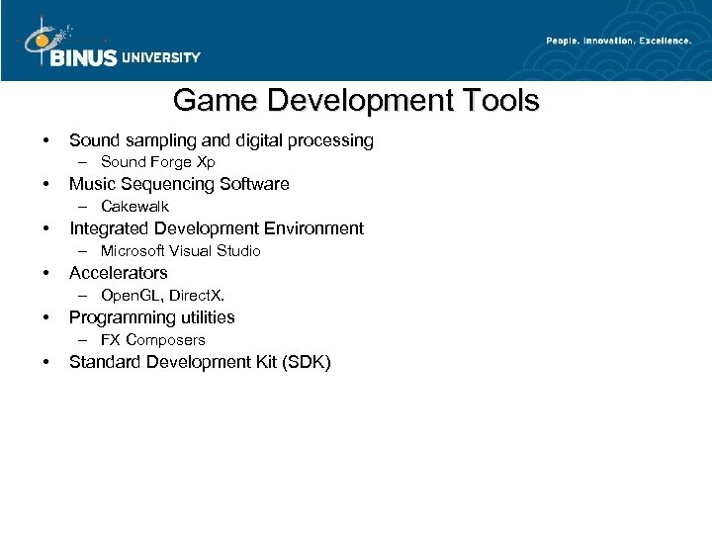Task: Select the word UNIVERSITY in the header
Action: [162, 57]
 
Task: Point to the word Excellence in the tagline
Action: [662, 41]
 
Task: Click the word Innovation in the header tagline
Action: [603, 41]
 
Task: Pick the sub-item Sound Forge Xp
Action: [157, 162]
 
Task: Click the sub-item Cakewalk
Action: [134, 207]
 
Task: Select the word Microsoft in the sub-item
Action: [134, 251]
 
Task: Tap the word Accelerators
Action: [118, 273]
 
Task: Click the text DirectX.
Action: [204, 296]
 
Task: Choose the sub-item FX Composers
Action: [152, 340]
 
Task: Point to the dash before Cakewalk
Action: [86, 207]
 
